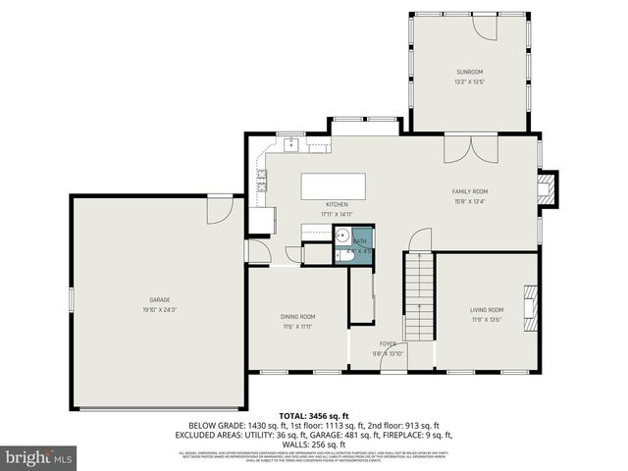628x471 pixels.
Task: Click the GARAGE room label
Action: [160, 299]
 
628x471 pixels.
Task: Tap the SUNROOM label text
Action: [468, 72]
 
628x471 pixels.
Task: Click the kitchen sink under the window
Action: [291, 145]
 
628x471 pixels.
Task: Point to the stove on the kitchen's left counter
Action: [261, 179]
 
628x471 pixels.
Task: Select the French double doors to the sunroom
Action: [463, 149]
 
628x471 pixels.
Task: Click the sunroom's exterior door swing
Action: [487, 26]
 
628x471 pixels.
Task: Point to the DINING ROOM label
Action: [297, 317]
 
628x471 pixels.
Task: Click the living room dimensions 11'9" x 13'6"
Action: [488, 319]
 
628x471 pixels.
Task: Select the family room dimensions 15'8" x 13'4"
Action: [469, 201]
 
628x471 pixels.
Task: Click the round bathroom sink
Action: [342, 236]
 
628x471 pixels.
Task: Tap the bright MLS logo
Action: [38, 457]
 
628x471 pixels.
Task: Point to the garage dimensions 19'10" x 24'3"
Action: [160, 309]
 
